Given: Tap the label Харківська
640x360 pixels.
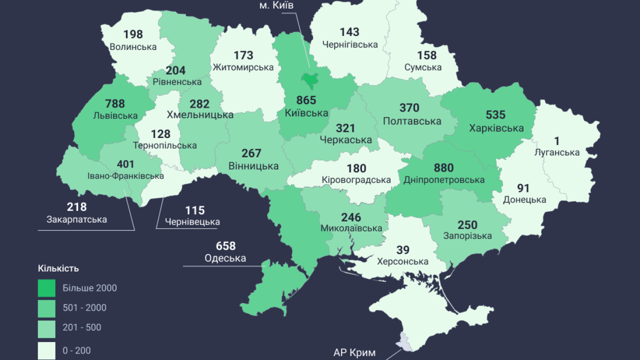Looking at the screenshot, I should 496,128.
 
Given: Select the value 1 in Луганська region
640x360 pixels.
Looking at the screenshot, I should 556,141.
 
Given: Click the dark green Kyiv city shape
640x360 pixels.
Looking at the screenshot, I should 309,79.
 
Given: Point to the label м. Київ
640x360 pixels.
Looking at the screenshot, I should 276,5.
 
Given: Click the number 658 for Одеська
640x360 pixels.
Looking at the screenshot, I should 225,246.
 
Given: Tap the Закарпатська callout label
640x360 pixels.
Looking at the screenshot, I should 76,219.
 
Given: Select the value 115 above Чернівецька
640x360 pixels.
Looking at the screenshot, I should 195,210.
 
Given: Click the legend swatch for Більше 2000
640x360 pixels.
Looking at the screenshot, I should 46,288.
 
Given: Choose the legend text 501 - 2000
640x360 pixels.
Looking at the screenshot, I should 84,307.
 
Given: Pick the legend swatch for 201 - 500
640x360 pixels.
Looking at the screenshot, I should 46,327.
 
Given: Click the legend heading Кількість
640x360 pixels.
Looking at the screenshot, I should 58,268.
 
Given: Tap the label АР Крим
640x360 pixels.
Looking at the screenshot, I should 354,352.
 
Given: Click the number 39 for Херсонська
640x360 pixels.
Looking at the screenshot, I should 402,250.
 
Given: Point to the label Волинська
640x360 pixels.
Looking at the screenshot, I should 132,47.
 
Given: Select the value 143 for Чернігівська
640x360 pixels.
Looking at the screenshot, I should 349,32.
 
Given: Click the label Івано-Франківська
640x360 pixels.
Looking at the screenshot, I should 126,176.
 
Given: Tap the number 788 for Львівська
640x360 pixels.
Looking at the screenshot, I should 115,104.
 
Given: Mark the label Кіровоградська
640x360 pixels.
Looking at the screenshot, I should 356,180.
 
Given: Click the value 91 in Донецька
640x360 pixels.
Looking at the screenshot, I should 523,188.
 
